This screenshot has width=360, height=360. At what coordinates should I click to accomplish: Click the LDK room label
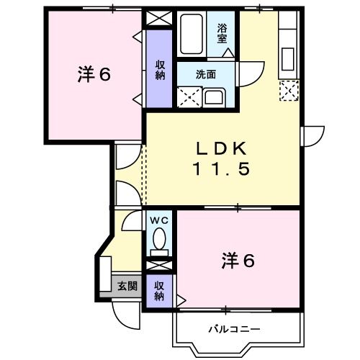click(x=222, y=148)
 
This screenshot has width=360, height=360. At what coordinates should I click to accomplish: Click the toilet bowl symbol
click(x=159, y=239)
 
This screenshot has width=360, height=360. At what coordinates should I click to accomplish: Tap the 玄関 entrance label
click(x=127, y=286)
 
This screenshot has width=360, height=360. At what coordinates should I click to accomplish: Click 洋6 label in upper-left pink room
click(x=94, y=73)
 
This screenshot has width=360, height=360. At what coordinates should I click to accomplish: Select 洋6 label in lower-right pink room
click(x=238, y=261)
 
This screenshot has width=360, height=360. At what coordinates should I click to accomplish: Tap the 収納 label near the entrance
click(x=159, y=289)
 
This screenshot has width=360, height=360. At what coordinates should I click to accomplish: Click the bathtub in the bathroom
click(x=193, y=36)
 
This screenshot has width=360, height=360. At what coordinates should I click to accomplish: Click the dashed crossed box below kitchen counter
click(x=288, y=91)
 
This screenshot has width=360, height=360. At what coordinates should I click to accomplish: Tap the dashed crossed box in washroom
click(x=189, y=96)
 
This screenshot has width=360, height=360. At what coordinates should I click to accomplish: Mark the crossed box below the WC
click(x=159, y=264)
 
